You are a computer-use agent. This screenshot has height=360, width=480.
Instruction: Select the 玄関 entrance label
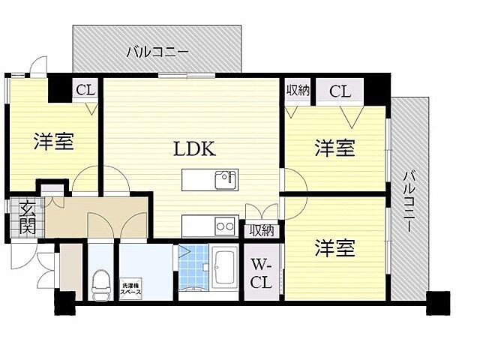25,217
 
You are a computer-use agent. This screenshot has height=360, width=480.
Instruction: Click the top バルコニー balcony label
157,52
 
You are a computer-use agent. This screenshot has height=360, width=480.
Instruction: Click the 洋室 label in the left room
53,141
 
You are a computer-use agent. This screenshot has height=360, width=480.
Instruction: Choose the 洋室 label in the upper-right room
334,147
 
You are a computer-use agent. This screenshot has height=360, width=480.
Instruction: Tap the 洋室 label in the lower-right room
334,247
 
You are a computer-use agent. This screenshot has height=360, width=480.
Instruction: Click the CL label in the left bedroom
85,91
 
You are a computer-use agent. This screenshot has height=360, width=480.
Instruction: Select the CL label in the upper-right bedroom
339,91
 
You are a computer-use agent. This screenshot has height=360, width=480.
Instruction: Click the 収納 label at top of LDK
298,91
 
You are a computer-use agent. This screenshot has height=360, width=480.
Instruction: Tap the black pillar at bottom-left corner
65,303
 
